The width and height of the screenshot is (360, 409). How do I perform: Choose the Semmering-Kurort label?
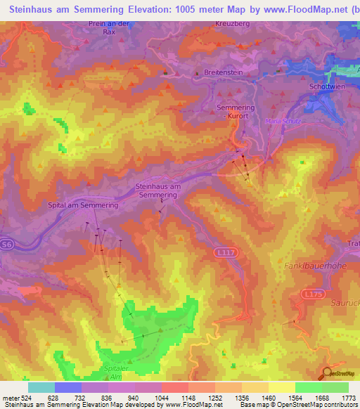click(x=234, y=111)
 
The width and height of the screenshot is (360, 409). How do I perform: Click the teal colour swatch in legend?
click(x=41, y=387)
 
